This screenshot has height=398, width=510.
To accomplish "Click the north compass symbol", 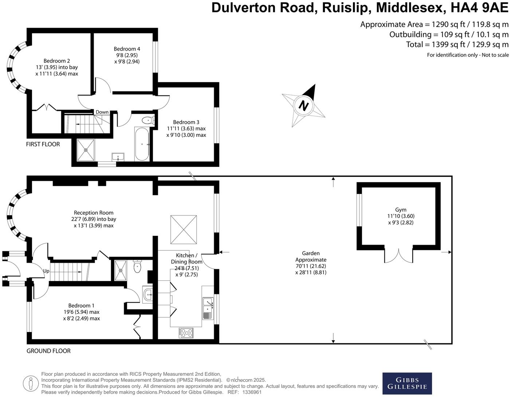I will [303, 106].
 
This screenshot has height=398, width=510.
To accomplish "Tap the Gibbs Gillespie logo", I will [407, 383].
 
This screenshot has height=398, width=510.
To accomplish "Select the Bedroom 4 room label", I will [127, 49].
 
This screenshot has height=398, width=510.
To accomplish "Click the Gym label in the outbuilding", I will [401, 210].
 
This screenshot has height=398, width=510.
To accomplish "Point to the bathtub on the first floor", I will [141, 144].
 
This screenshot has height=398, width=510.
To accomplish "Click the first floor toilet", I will [148, 121].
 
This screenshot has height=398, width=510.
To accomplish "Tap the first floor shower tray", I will [86, 150].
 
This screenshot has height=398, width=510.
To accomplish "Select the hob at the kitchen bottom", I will [186, 333].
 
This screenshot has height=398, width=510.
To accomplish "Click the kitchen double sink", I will [208, 308].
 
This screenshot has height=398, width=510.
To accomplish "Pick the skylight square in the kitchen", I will [184, 230].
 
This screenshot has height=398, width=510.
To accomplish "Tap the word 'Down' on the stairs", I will [102, 112].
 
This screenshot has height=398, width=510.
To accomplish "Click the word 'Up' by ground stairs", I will [46, 271].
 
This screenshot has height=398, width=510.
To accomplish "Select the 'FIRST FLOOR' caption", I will [43, 144].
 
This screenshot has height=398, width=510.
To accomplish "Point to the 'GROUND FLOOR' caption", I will [48, 351].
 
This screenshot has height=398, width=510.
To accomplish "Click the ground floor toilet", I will [137, 266].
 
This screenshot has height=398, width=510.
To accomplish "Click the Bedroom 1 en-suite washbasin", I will [148, 295].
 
